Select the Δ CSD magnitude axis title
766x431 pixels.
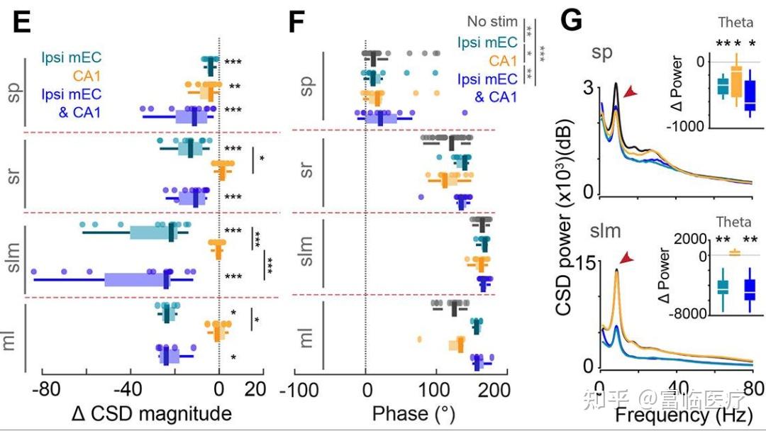(x=152, y=413)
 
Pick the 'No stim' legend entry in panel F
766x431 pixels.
(x=492, y=22)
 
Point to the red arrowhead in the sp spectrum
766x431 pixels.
(x=630, y=93)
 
